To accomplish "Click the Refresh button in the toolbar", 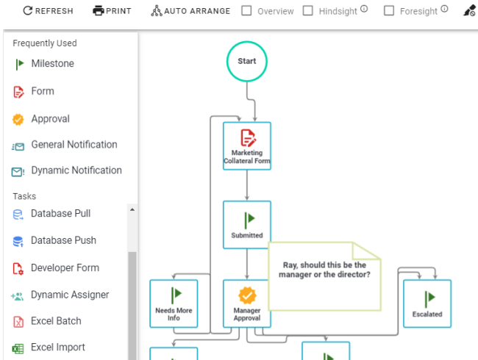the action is click(48, 11).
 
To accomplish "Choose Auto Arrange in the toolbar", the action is click(190, 11).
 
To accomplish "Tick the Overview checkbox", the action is click(246, 11).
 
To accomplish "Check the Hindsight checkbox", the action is click(308, 11).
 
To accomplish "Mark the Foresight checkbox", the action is click(389, 11).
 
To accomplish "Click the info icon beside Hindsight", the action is click(364, 9).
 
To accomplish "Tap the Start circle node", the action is click(247, 61).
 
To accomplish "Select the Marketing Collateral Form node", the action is click(247, 146).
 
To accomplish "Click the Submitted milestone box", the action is click(247, 225).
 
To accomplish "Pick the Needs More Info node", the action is click(174, 303).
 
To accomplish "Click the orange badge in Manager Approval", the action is click(247, 295).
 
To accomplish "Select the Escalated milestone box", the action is click(427, 303).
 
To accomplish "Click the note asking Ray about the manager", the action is click(324, 276).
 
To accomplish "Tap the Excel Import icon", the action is click(18, 348).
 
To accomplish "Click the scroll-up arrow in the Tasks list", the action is click(132, 209).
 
